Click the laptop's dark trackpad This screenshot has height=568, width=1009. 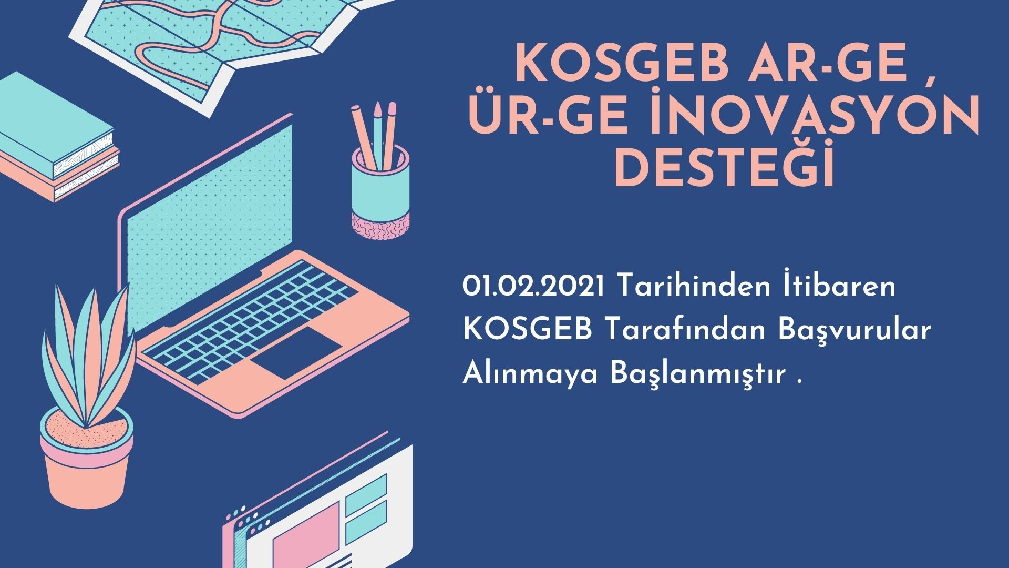296,352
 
